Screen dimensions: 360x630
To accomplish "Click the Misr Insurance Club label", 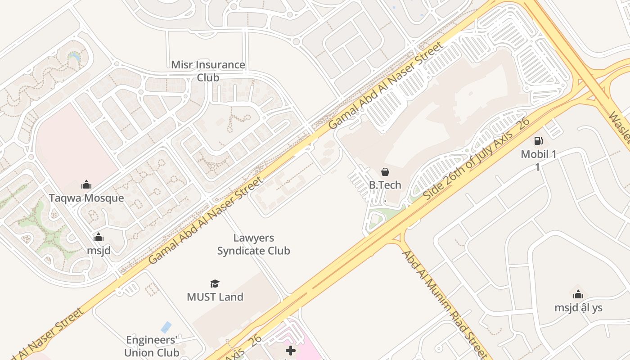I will [x=208, y=71].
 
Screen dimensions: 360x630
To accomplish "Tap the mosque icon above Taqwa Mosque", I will [x=86, y=184].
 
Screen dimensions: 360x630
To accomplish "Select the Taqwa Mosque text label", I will [x=86, y=198].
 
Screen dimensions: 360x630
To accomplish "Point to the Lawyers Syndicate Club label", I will [x=254, y=244].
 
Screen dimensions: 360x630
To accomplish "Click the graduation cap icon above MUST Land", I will [x=215, y=284].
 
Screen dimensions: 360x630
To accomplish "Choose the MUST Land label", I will [x=215, y=297].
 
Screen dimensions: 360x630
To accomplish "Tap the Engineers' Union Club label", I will [x=152, y=346].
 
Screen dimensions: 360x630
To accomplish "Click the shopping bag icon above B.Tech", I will [x=385, y=171].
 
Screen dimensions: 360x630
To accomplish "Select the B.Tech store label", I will [x=385, y=185].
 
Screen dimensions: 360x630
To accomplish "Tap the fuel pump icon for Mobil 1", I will [x=538, y=141].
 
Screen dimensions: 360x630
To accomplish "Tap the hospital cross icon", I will [x=291, y=351].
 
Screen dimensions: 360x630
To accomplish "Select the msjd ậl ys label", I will [x=578, y=308].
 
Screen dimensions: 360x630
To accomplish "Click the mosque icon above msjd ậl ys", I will [x=578, y=295].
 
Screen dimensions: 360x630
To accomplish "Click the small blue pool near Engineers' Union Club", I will [x=166, y=327].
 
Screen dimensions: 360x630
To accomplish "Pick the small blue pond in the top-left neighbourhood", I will [x=74, y=56].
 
